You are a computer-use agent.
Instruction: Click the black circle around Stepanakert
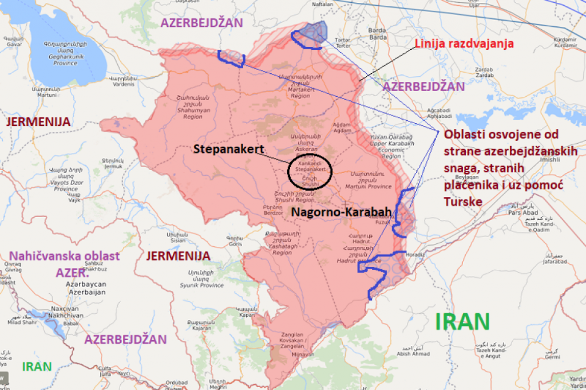coord(310,171)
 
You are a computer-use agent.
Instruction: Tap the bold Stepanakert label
coord(228,149)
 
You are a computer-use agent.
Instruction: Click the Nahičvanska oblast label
coord(64,255)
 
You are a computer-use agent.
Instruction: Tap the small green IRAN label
coord(37,367)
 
